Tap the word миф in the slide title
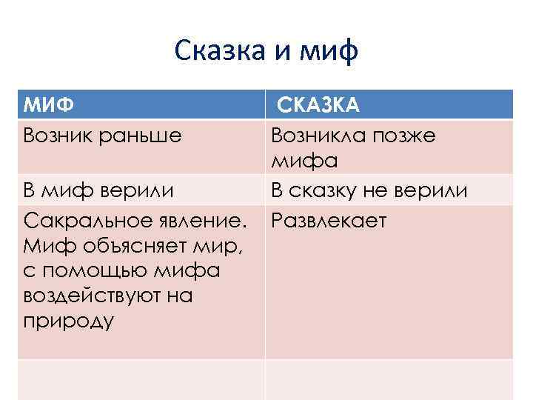(x=329, y=52)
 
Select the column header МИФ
(x=49, y=105)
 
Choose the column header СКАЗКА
(x=319, y=105)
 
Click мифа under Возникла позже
(x=304, y=160)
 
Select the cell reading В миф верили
(x=99, y=190)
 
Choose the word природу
(x=69, y=321)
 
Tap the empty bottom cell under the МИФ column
(x=141, y=379)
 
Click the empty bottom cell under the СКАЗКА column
(x=389, y=379)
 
